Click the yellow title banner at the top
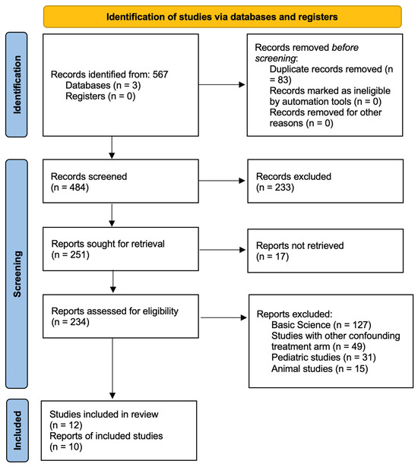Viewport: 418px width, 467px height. pos(223,17)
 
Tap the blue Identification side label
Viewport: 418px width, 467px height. pos(17,85)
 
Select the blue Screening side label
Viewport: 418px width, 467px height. pos(17,273)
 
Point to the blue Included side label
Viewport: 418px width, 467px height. pos(17,431)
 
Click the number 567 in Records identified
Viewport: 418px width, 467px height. pos(160,74)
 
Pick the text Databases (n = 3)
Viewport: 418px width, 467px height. pos(103,85)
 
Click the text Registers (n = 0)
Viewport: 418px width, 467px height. pos(100,96)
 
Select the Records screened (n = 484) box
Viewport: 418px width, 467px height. pos(121,181)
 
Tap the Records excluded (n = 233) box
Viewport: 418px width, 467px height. pos(325,181)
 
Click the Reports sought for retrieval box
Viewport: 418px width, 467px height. pos(121,249)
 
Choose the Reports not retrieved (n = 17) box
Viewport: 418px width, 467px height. pos(325,251)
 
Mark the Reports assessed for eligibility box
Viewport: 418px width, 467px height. pos(121,317)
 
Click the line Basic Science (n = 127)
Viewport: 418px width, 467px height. pos(321,325)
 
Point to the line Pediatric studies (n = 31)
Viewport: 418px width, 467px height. pos(324,357)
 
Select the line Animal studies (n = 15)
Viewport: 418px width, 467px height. pos(320,369)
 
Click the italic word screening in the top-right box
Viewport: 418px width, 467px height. pos(276,58)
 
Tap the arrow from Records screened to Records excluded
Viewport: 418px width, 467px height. pos(222,181)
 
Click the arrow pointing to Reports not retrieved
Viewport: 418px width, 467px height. pos(223,250)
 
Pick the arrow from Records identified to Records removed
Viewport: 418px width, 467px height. pos(222,84)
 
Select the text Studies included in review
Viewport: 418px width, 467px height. pos(104,415)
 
